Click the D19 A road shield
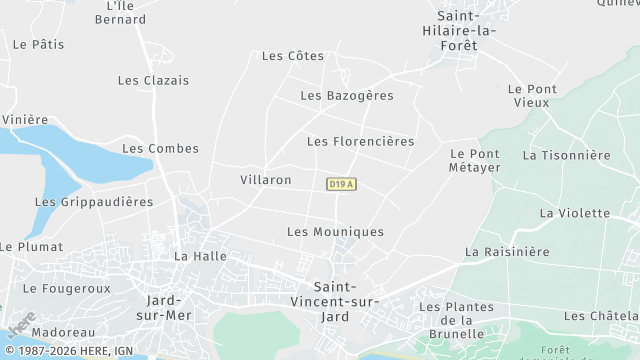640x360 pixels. pyautogui.click(x=341, y=184)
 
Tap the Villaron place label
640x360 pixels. pyautogui.click(x=266, y=180)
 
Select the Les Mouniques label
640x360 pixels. pyautogui.click(x=335, y=232)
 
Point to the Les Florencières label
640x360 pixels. pyautogui.click(x=360, y=142)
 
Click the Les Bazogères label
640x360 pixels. pyautogui.click(x=347, y=96)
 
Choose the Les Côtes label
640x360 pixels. pyautogui.click(x=293, y=56)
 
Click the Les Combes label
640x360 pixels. pyautogui.click(x=160, y=149)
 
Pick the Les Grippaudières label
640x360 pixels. pyautogui.click(x=94, y=201)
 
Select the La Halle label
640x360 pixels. pyautogui.click(x=200, y=256)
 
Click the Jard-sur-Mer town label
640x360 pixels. pyautogui.click(x=170, y=307)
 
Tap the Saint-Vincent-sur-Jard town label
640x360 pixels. pyautogui.click(x=343, y=301)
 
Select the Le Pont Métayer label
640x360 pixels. pyautogui.click(x=474, y=160)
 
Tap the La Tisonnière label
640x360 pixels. pyautogui.click(x=566, y=156)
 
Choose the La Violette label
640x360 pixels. pyautogui.click(x=574, y=213)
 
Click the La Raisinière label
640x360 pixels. pyautogui.click(x=507, y=252)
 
